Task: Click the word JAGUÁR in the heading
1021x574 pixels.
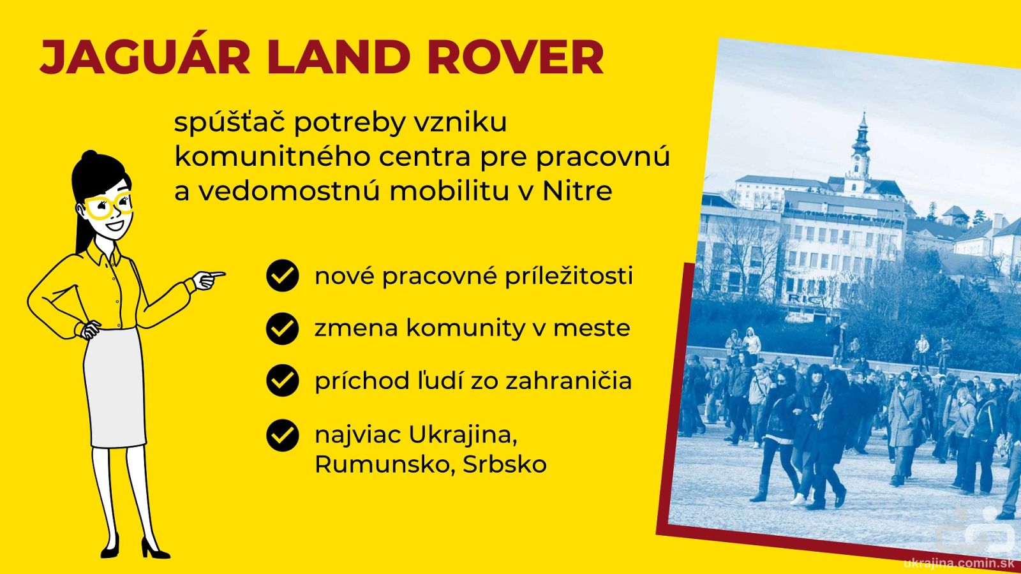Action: (145, 57)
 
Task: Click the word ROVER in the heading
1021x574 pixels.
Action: (516, 57)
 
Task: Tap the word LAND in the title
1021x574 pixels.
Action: (339, 57)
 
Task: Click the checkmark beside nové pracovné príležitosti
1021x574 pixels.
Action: (283, 275)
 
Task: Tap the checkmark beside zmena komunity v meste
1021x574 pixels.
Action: (283, 328)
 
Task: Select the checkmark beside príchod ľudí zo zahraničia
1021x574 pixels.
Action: (283, 380)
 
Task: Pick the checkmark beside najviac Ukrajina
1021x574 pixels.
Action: (283, 435)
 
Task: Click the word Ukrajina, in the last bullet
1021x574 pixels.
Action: (463, 435)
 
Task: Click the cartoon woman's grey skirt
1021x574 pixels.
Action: (115, 387)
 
